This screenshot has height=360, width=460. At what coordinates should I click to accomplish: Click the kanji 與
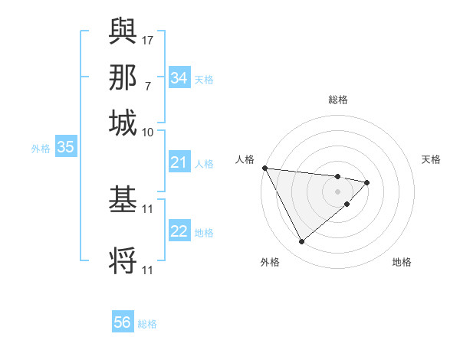(123, 31)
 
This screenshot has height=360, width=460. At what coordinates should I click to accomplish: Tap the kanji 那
(123, 77)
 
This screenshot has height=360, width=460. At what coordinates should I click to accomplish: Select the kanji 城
(123, 123)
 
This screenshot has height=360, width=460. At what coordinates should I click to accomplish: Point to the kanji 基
(123, 201)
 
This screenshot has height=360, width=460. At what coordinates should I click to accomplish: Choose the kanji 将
(123, 261)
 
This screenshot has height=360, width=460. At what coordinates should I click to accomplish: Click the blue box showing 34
(179, 78)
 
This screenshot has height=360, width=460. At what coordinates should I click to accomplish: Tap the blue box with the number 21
(179, 162)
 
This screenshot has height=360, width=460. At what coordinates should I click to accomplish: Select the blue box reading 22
(179, 231)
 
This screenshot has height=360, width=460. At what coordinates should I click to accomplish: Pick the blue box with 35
(65, 147)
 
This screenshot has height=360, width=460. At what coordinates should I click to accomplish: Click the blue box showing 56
(123, 322)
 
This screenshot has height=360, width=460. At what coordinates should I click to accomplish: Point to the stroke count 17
(148, 39)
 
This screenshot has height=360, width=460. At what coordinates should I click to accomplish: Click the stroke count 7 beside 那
(148, 85)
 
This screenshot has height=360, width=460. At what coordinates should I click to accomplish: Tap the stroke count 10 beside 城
(148, 132)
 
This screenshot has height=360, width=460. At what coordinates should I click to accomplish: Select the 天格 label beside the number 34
(204, 79)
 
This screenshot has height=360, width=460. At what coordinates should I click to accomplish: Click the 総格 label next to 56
(147, 324)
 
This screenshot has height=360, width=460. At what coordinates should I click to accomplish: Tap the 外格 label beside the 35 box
(40, 148)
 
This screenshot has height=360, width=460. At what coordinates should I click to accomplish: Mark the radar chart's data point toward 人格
(264, 168)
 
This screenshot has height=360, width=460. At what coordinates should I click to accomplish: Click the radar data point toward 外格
(301, 242)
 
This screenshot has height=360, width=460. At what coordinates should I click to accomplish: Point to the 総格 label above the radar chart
(337, 100)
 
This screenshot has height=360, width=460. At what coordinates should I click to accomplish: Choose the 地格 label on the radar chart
(402, 262)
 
